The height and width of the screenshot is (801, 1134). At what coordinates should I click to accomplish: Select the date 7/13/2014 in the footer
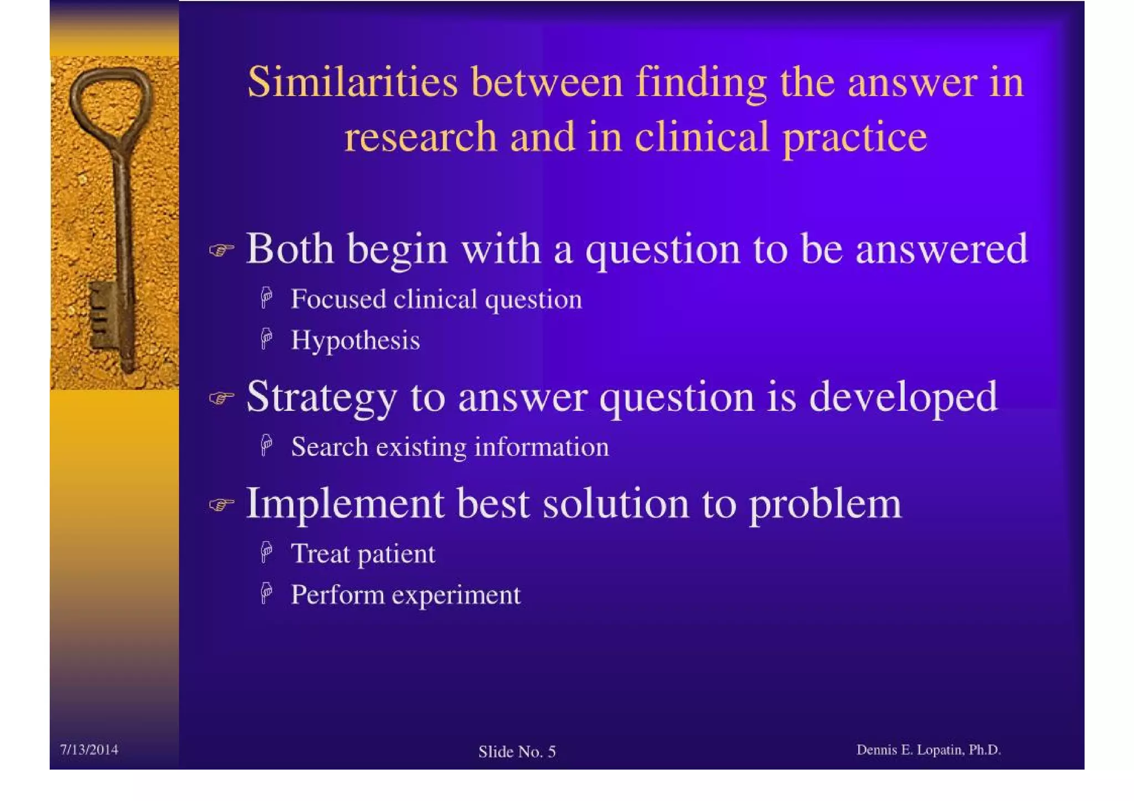point(89,750)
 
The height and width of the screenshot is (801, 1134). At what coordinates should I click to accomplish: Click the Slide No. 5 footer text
point(517,752)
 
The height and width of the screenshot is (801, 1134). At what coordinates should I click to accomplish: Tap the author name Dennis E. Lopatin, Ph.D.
point(928,750)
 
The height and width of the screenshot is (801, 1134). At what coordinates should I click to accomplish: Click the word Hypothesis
point(355,340)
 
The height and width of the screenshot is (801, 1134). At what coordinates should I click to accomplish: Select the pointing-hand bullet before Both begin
point(221,251)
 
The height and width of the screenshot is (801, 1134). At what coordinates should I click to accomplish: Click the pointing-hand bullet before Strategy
point(221,398)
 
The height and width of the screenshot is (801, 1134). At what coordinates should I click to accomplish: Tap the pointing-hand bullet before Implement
point(221,505)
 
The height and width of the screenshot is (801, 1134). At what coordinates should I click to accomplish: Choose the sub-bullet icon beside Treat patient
point(267,552)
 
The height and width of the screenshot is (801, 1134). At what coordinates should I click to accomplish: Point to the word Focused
point(338,299)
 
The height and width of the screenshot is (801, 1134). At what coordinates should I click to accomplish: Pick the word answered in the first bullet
point(941,249)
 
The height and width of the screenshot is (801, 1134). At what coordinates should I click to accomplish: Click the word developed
point(903,397)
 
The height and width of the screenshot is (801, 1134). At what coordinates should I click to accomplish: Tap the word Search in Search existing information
point(329,447)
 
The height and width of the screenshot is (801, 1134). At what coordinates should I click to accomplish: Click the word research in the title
point(420,137)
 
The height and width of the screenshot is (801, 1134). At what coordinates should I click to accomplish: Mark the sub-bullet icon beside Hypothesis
point(267,338)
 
